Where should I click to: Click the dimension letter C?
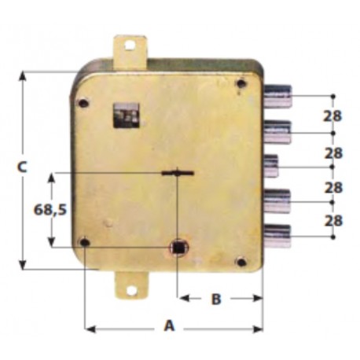[22, 167]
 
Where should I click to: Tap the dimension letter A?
[169, 325]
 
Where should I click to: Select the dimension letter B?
[216, 299]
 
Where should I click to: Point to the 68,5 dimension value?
[50, 210]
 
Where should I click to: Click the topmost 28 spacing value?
[332, 116]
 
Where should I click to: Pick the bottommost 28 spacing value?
[333, 221]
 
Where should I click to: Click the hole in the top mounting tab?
[129, 46]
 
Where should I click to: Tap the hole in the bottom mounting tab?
[132, 290]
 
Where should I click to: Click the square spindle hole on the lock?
[179, 248]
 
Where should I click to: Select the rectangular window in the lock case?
[126, 116]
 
